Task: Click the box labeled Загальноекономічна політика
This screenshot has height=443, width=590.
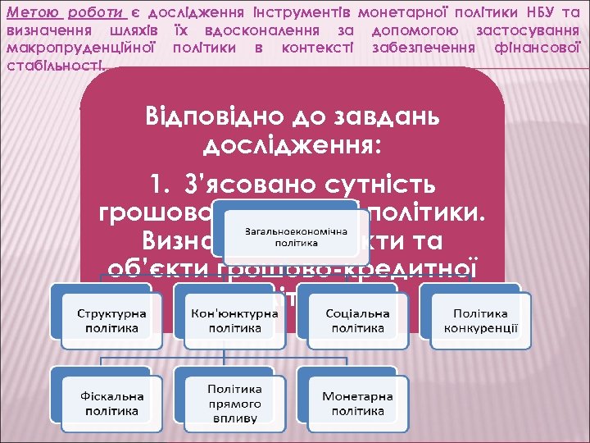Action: coord(286,237)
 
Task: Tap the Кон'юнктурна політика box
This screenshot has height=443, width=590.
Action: coord(235,321)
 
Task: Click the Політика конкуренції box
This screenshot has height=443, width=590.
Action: coord(481,321)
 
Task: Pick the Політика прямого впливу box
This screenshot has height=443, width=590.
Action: coord(235,403)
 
